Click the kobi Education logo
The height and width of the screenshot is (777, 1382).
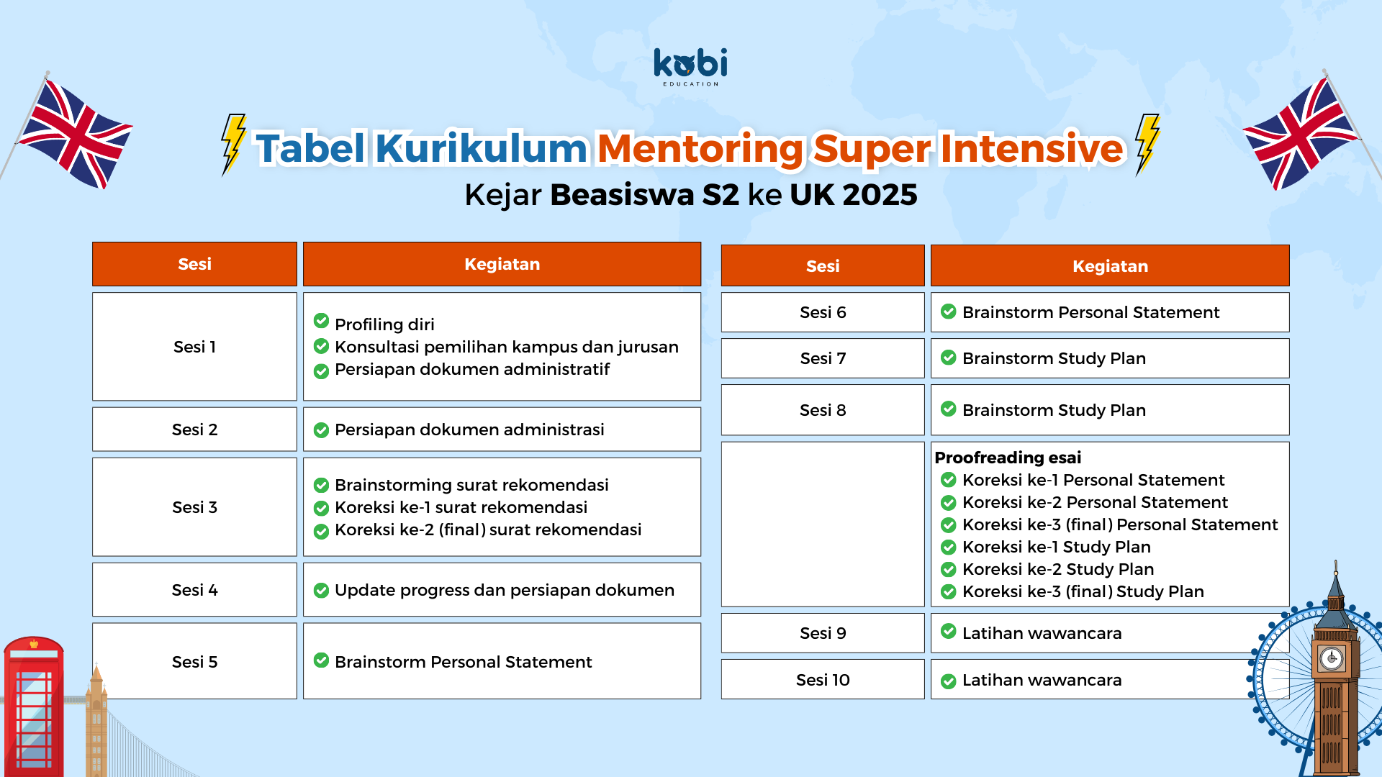(690, 67)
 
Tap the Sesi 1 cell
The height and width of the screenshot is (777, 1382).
(194, 347)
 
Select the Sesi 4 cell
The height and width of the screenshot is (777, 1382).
(194, 590)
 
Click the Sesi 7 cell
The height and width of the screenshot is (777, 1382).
(823, 358)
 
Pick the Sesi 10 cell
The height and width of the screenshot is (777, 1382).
(823, 680)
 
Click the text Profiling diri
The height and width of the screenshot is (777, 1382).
(384, 324)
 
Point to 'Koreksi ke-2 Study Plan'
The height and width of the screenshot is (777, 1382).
(1058, 569)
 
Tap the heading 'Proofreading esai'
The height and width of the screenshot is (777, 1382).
(1008, 458)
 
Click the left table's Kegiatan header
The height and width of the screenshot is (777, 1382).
(502, 264)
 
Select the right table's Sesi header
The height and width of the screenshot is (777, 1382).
(823, 266)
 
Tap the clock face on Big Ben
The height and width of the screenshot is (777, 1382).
(1332, 658)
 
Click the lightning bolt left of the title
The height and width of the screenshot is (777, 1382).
(233, 144)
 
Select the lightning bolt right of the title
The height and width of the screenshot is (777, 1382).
(1147, 144)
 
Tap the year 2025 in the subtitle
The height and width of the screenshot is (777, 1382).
(880, 194)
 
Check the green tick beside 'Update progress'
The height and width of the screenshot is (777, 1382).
(322, 591)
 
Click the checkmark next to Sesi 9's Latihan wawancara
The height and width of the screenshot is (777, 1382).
(949, 631)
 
